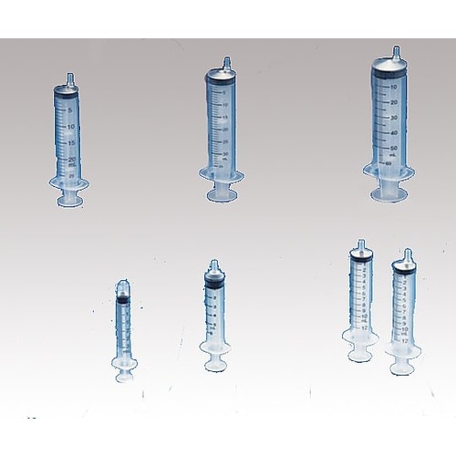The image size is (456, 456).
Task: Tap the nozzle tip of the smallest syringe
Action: pos(124,285)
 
